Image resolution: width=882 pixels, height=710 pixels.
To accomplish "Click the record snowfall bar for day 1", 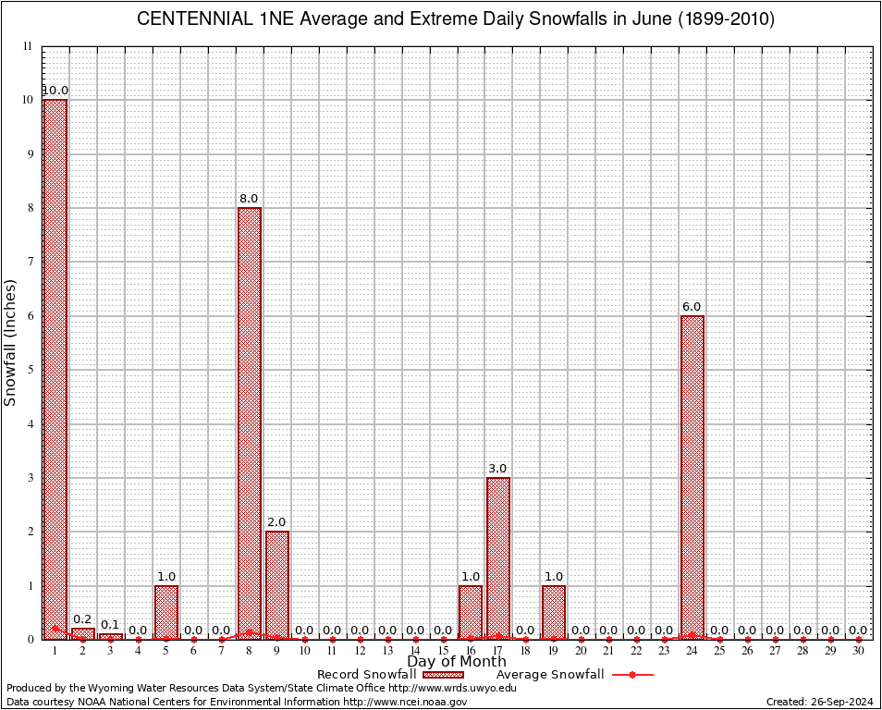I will coord(55,369).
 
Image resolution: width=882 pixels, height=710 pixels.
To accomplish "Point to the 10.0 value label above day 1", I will coord(55,91).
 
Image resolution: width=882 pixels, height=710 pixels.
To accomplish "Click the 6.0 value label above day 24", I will coord(692,307).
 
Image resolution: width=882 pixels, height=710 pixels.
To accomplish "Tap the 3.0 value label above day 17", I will coord(497,469).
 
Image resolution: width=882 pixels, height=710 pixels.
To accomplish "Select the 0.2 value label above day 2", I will coord(82,619).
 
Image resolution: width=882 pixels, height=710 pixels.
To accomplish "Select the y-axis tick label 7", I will coord(30,262).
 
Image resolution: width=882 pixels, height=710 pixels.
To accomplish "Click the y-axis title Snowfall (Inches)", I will coord(11,342).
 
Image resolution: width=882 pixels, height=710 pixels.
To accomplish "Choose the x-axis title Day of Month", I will coord(457,662).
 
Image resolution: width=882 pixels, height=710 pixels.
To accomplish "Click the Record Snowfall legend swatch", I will coord(437,675).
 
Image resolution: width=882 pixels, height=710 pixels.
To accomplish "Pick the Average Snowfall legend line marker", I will coord(632,675).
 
